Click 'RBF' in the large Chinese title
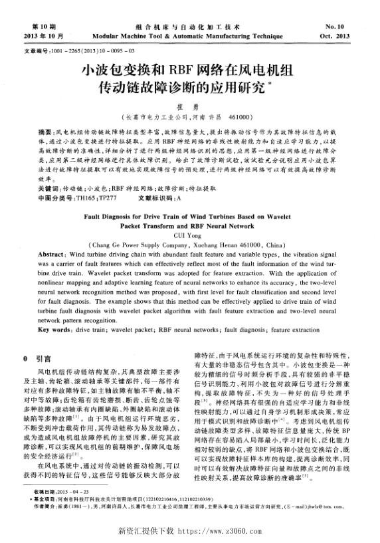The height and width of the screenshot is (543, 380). (187, 68)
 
